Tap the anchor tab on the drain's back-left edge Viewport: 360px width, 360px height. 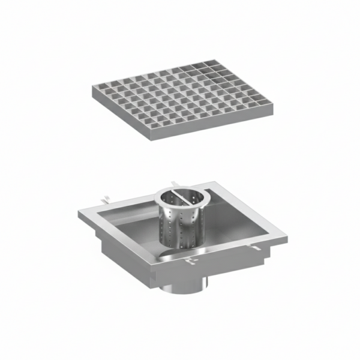(x=106, y=196)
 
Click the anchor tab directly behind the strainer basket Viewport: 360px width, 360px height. (x=172, y=181)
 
